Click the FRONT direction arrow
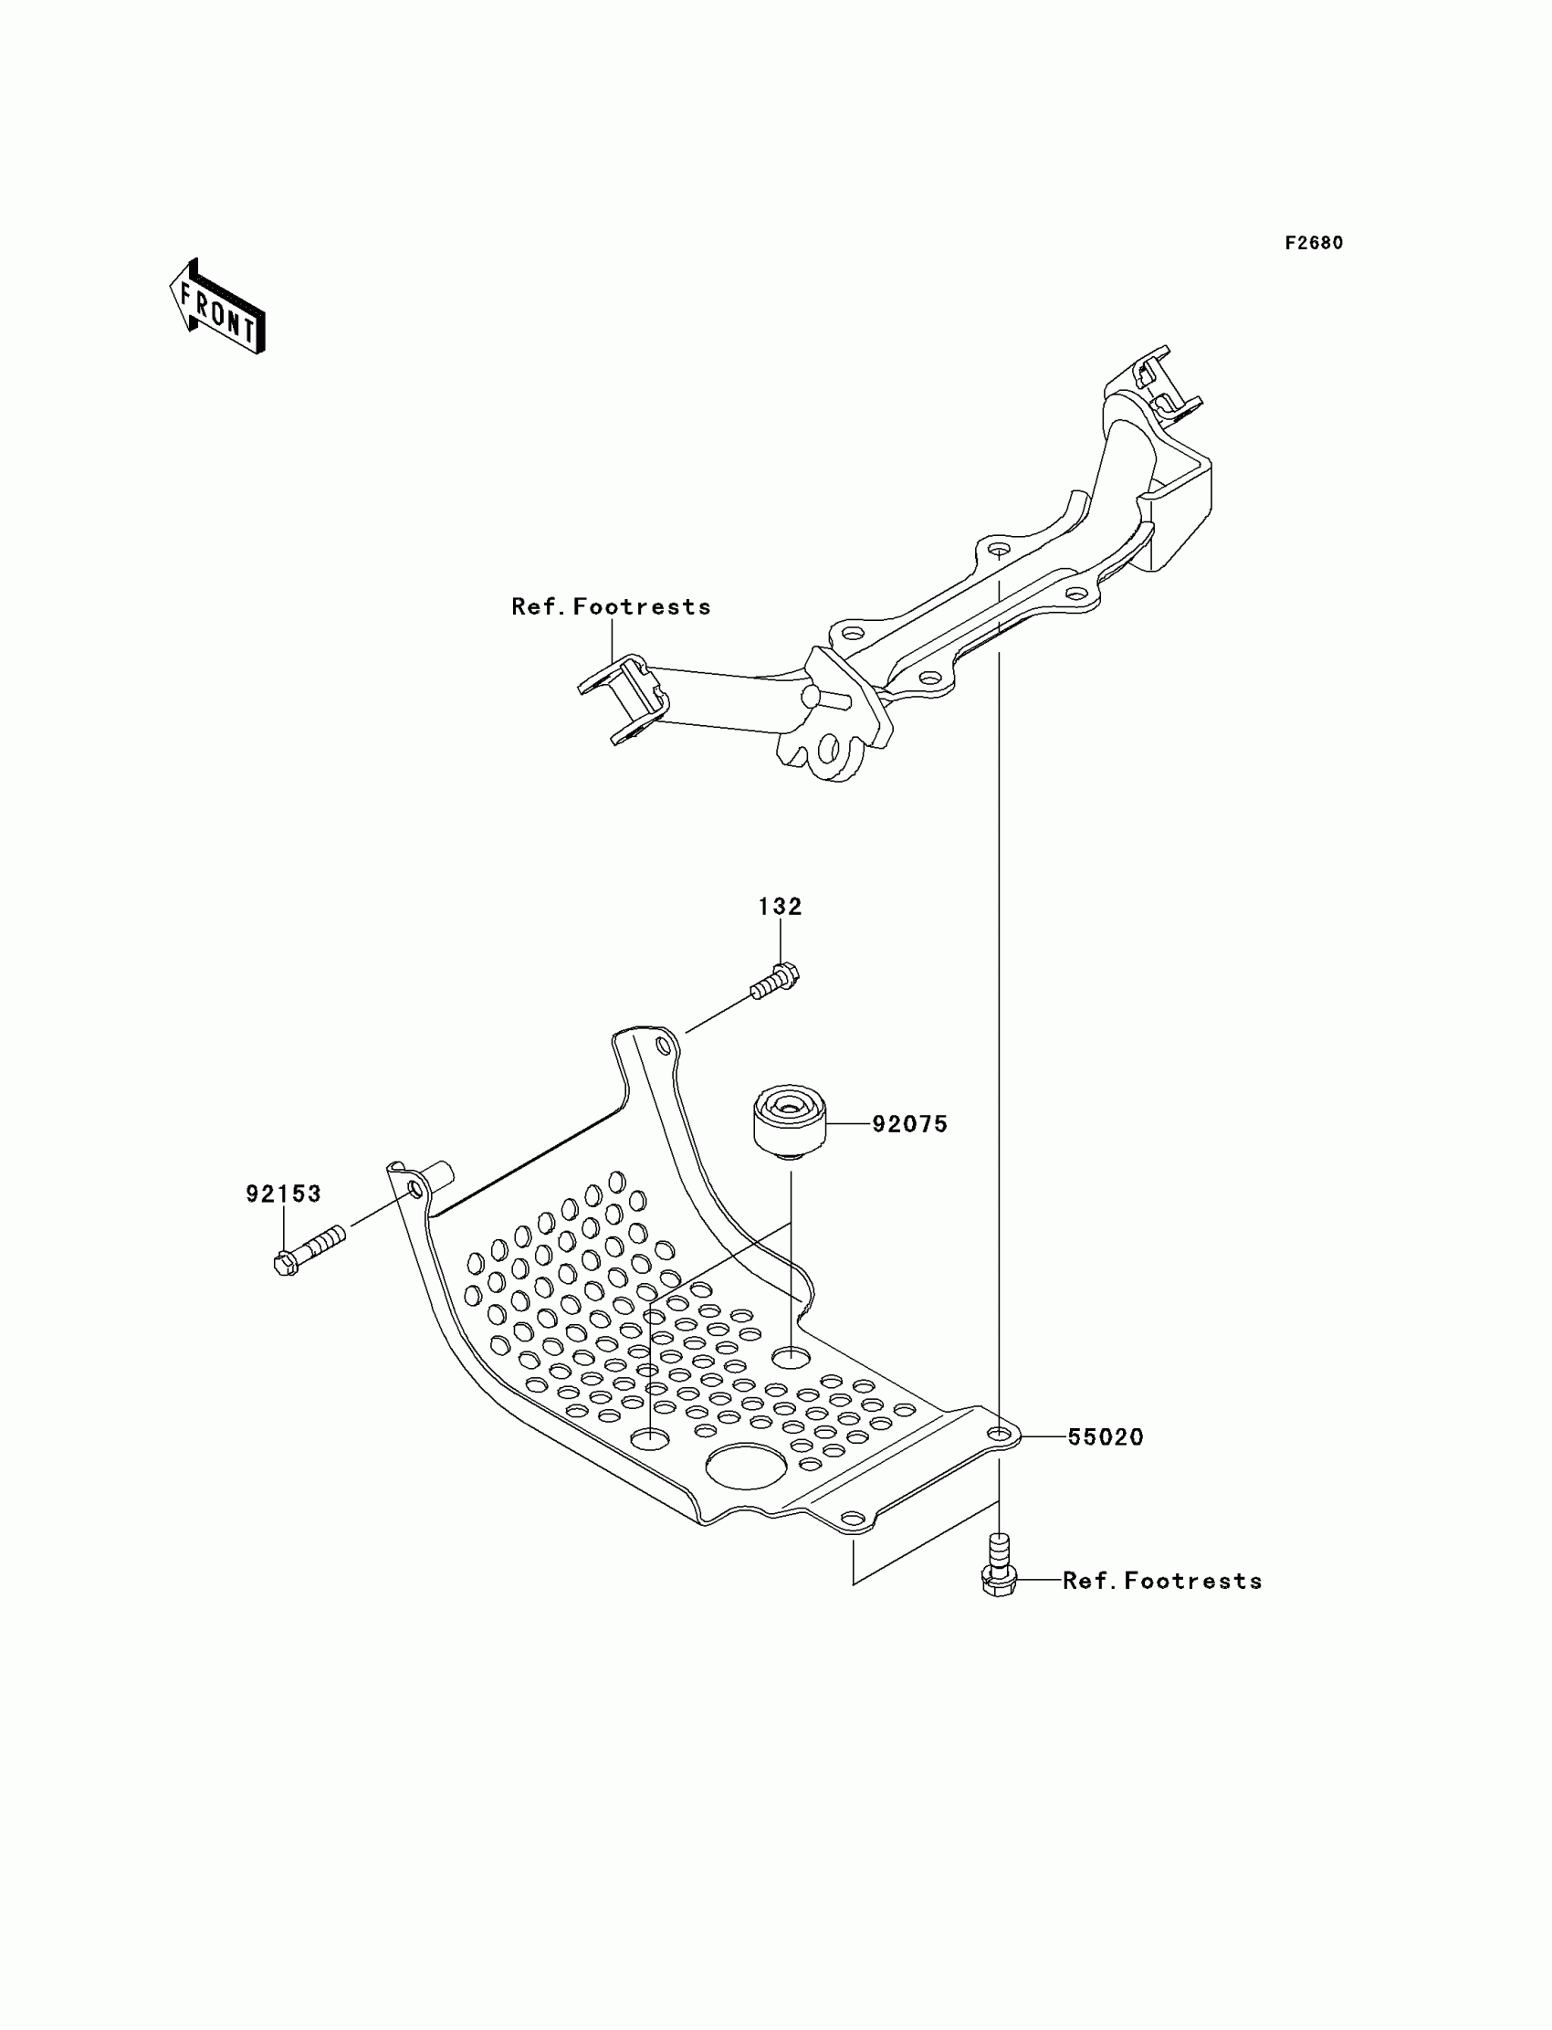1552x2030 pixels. click(218, 309)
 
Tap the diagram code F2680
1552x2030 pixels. click(1314, 243)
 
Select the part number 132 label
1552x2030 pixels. click(780, 907)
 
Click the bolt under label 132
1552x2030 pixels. click(776, 983)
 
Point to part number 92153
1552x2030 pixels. click(283, 1194)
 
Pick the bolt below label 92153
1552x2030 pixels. click(309, 1249)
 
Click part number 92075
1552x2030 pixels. click(910, 1123)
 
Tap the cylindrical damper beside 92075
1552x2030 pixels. click(789, 1121)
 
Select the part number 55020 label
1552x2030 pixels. click(1105, 1436)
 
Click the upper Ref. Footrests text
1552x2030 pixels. click(611, 606)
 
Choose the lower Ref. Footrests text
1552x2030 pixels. click(1162, 1580)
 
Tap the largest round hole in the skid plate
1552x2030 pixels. click(747, 1467)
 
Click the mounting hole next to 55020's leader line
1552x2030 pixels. click(999, 1434)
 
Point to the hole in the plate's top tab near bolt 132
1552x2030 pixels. click(663, 1047)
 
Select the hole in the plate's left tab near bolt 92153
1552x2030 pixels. click(414, 1190)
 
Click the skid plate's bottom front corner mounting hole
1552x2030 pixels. click(853, 1519)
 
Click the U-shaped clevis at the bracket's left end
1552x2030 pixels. click(624, 699)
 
